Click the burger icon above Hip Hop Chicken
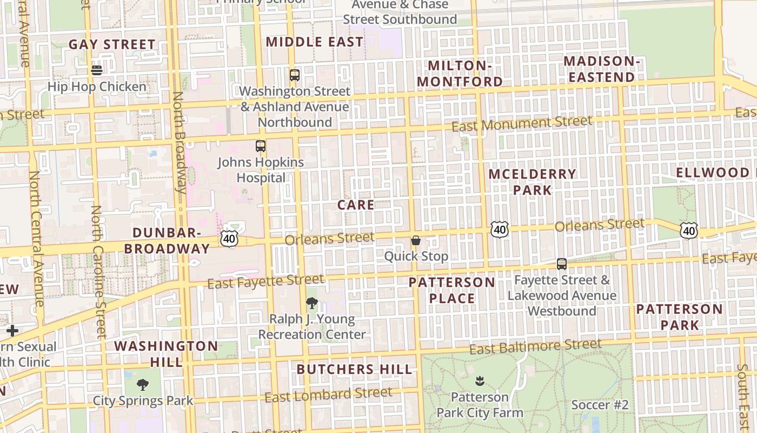click(97, 70)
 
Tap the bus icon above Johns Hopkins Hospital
click(261, 146)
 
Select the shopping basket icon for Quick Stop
click(416, 240)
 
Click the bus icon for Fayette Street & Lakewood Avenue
click(562, 264)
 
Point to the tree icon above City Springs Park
click(143, 385)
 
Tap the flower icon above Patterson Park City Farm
click(479, 381)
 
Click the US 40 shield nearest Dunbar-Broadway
click(229, 238)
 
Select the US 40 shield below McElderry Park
click(500, 229)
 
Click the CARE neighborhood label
click(355, 205)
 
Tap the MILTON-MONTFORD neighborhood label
click(460, 74)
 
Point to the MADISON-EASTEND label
click(601, 69)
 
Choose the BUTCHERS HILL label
click(354, 370)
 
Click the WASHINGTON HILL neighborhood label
click(166, 353)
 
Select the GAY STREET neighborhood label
click(112, 44)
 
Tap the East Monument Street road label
click(522, 123)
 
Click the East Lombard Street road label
click(328, 395)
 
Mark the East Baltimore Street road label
click(535, 346)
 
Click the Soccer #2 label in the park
click(600, 405)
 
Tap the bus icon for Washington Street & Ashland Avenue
click(294, 75)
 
